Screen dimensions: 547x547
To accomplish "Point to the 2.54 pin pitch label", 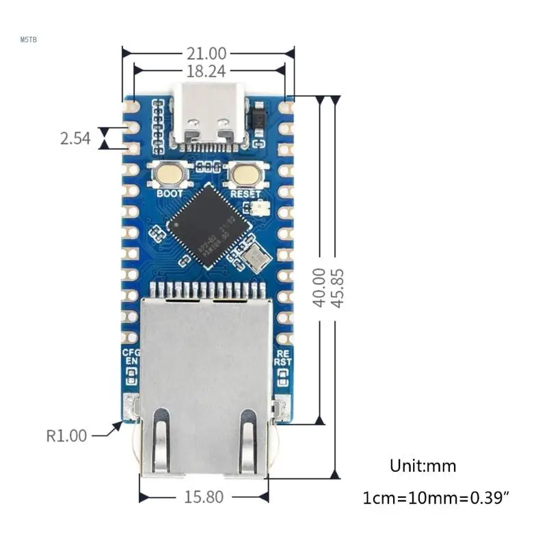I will click(75, 138).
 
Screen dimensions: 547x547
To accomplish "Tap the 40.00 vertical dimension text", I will click(319, 287).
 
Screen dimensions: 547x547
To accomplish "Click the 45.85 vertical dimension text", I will click(336, 287).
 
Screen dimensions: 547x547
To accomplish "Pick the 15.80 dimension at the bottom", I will click(203, 497).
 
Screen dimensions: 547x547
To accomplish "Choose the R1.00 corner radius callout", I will click(67, 435).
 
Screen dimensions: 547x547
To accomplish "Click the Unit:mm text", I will click(423, 466).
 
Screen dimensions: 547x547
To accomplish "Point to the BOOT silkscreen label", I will click(170, 194).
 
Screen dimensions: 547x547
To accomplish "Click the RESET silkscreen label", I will click(245, 194).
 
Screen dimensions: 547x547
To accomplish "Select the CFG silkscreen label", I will click(131, 353).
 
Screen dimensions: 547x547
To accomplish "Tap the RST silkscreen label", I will click(282, 363).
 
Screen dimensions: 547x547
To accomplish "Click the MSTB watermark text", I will click(29, 40).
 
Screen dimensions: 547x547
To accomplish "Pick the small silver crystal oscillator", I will click(258, 258).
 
